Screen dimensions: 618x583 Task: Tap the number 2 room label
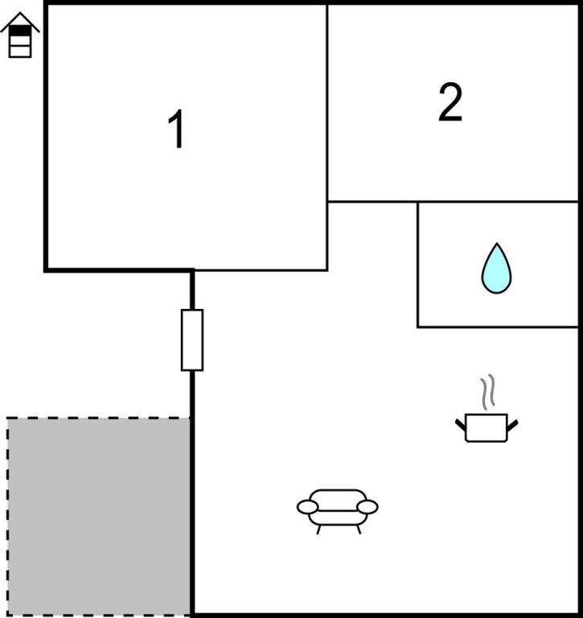tap(450, 103)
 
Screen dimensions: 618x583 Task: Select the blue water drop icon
tap(496, 269)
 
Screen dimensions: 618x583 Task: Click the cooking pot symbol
tap(487, 426)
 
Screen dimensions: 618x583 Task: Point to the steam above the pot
tap(487, 393)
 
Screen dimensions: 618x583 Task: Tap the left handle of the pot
tap(461, 422)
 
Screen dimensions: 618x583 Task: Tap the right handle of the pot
tap(512, 422)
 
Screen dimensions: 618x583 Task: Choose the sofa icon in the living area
tap(338, 507)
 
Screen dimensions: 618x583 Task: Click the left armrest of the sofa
tap(307, 506)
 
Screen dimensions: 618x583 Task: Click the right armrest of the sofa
tap(367, 506)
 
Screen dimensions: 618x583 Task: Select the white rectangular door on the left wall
tap(192, 340)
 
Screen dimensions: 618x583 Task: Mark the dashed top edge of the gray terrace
tap(98, 418)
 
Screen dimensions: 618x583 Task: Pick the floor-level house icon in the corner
tap(19, 37)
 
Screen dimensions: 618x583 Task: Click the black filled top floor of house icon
tap(20, 31)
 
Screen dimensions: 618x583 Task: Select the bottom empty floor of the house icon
tap(20, 51)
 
